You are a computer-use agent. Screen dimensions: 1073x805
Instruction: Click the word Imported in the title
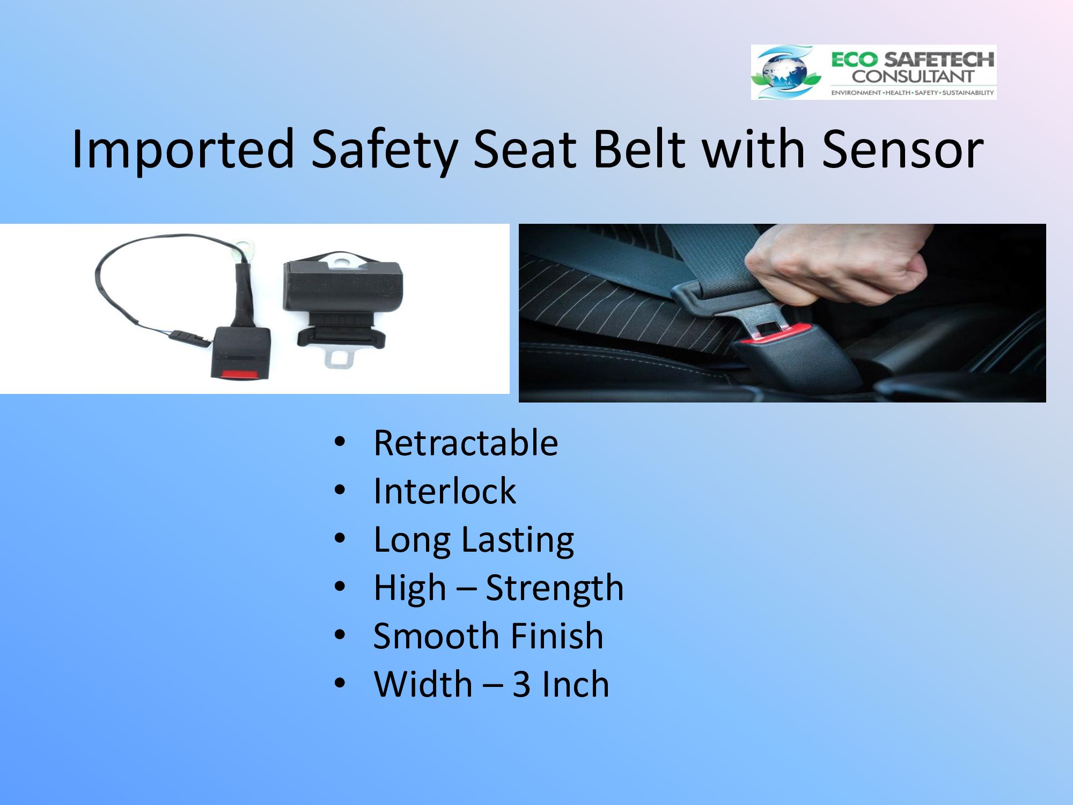pyautogui.click(x=183, y=149)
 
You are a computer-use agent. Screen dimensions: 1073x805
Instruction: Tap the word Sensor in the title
pyautogui.click(x=902, y=149)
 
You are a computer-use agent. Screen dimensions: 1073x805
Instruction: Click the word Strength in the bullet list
pyautogui.click(x=554, y=589)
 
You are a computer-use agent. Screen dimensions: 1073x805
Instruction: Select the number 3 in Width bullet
pyautogui.click(x=521, y=684)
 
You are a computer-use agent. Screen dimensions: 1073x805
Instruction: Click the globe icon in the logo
pyautogui.click(x=785, y=72)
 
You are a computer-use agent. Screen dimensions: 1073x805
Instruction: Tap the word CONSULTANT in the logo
pyautogui.click(x=913, y=76)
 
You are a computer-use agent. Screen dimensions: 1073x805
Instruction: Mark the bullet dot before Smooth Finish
pyautogui.click(x=340, y=635)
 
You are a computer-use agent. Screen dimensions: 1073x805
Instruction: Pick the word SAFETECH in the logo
pyautogui.click(x=939, y=60)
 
